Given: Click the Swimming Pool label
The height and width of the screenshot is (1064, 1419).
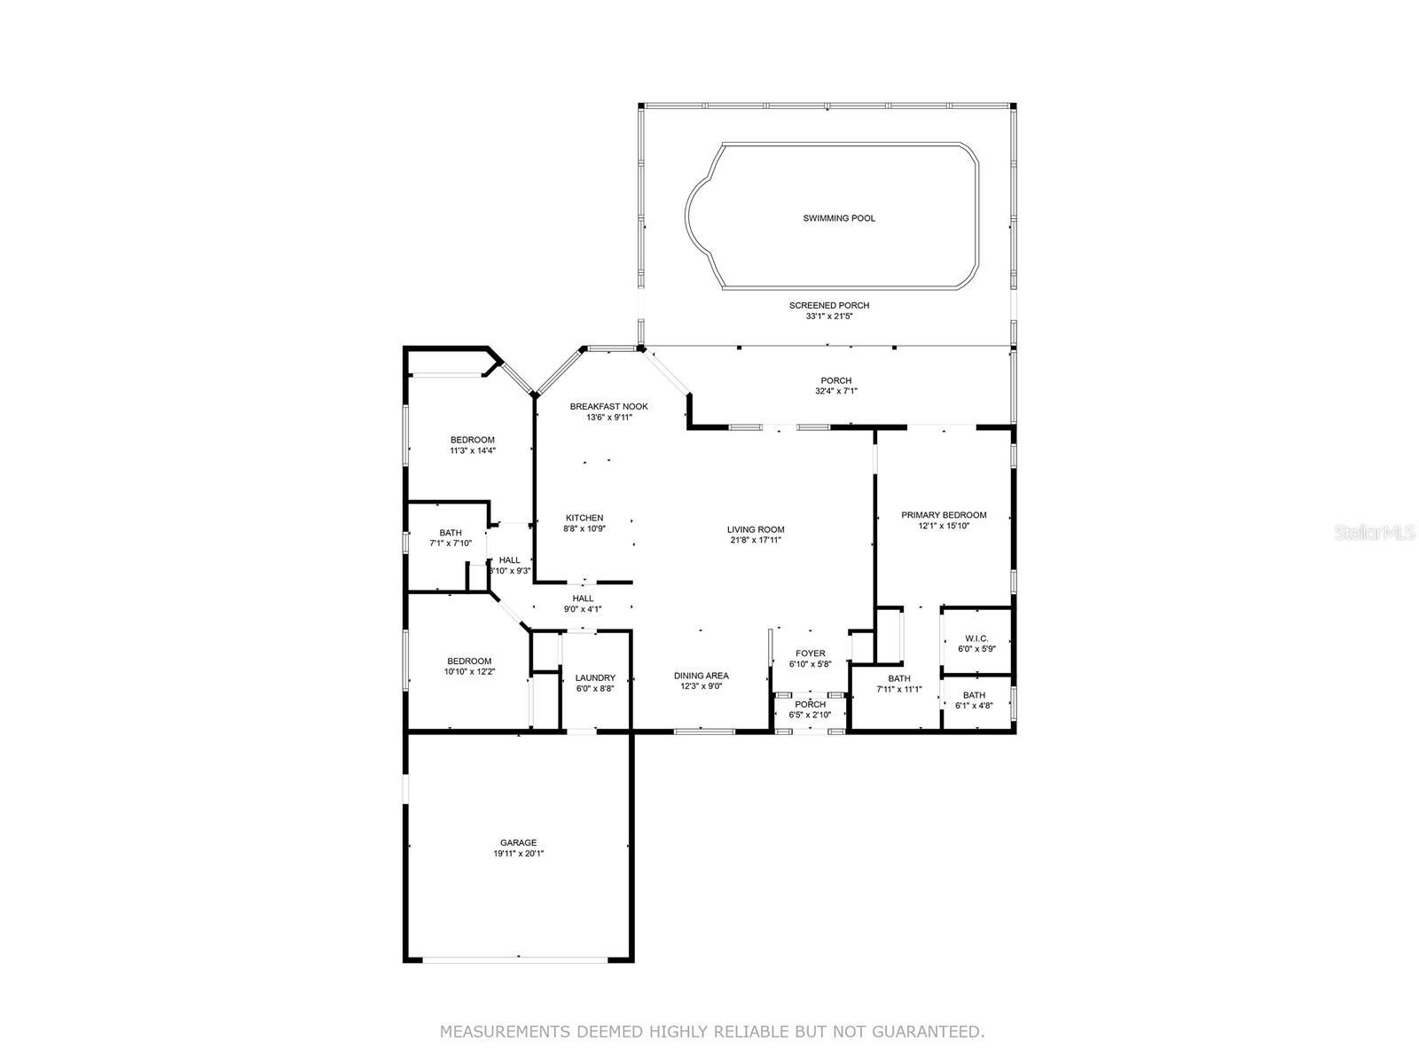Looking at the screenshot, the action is pyautogui.click(x=838, y=218).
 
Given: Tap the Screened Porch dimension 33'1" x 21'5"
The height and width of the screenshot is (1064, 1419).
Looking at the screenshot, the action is pyautogui.click(x=828, y=317).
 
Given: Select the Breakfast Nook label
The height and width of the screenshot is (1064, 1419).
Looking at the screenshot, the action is pyautogui.click(x=608, y=406).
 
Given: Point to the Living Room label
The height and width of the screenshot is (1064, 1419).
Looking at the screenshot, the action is pyautogui.click(x=755, y=529).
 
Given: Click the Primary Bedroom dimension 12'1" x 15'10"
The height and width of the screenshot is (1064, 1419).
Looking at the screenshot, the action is pyautogui.click(x=944, y=526).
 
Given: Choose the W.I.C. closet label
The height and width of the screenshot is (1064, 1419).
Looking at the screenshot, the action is pyautogui.click(x=976, y=638).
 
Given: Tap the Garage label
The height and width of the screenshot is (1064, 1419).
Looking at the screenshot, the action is pyautogui.click(x=518, y=842).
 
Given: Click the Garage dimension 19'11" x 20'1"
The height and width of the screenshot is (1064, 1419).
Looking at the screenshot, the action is pyautogui.click(x=518, y=853).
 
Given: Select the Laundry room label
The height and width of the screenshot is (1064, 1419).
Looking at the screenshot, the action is pyautogui.click(x=595, y=677).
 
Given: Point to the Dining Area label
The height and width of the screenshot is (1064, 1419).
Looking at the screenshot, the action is pyautogui.click(x=701, y=676).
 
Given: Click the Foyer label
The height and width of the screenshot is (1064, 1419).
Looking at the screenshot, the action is pyautogui.click(x=810, y=653).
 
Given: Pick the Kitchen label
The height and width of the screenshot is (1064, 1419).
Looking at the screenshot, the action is pyautogui.click(x=584, y=518).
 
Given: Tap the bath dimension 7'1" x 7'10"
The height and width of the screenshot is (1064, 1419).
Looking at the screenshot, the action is pyautogui.click(x=451, y=544).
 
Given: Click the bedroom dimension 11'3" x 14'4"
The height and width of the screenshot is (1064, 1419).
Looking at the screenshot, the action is pyautogui.click(x=473, y=451).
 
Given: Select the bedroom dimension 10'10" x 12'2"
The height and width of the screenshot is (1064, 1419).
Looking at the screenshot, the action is pyautogui.click(x=469, y=672).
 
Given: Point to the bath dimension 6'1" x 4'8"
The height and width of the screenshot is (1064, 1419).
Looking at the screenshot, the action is pyautogui.click(x=974, y=706).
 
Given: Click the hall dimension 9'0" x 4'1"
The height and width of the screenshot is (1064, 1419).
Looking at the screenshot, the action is pyautogui.click(x=583, y=609).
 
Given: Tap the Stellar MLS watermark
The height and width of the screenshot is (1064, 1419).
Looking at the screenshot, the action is pyautogui.click(x=1375, y=532).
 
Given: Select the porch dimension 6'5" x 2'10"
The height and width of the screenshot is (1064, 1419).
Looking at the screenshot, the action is pyautogui.click(x=810, y=716).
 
